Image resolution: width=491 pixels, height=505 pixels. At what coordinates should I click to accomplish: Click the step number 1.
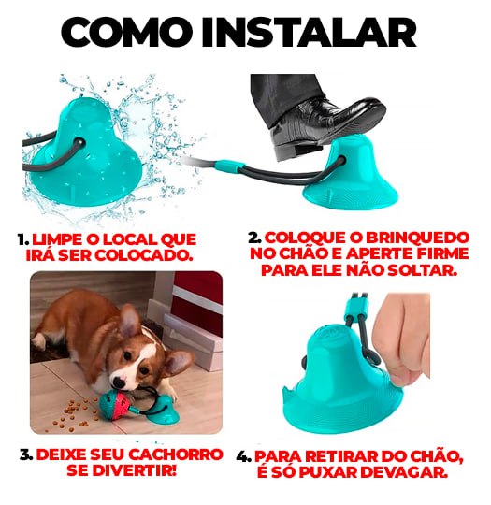22,238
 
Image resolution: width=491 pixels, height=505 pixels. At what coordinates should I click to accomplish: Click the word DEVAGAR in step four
411,471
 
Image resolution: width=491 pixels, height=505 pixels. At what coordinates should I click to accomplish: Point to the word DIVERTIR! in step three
139,471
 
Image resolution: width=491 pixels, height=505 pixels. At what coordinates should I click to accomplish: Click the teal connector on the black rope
230,167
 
